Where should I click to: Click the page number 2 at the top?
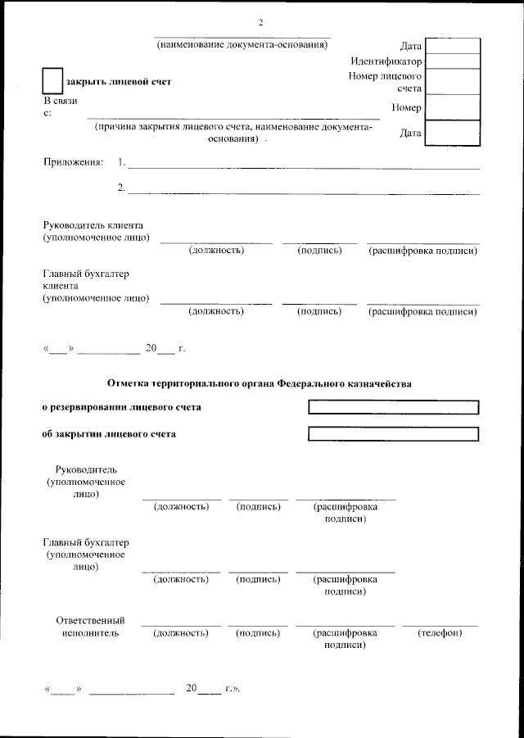tap(260, 22)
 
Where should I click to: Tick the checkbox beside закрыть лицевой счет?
tap(52, 81)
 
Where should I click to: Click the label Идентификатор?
tap(386, 61)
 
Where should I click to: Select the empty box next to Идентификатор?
tap(453, 61)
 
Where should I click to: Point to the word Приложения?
tap(74, 162)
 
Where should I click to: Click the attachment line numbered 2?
tap(303, 192)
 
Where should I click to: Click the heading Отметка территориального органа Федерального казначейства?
tap(260, 383)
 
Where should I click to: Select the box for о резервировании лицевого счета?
tap(393, 407)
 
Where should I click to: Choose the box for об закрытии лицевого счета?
tap(393, 434)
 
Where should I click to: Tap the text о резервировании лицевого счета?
tap(121, 407)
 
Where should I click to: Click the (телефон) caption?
tap(440, 633)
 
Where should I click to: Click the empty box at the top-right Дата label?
tap(453, 45)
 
